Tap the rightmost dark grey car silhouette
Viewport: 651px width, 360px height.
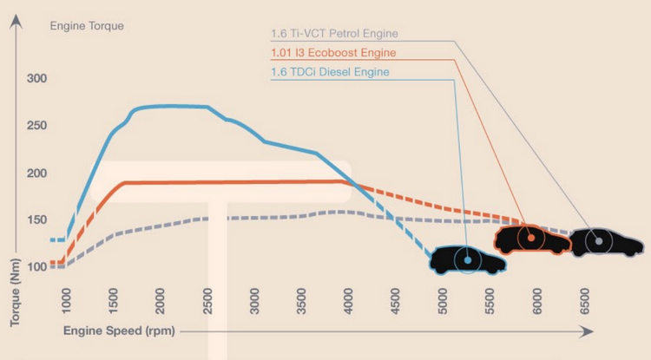(x=599, y=241)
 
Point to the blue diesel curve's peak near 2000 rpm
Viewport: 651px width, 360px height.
(x=165, y=106)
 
